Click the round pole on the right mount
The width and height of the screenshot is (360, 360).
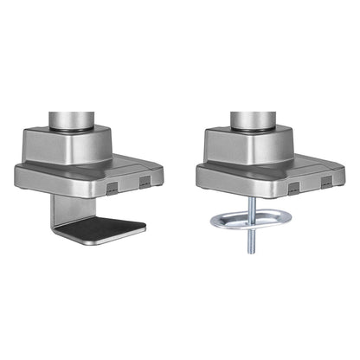click(249, 111)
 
